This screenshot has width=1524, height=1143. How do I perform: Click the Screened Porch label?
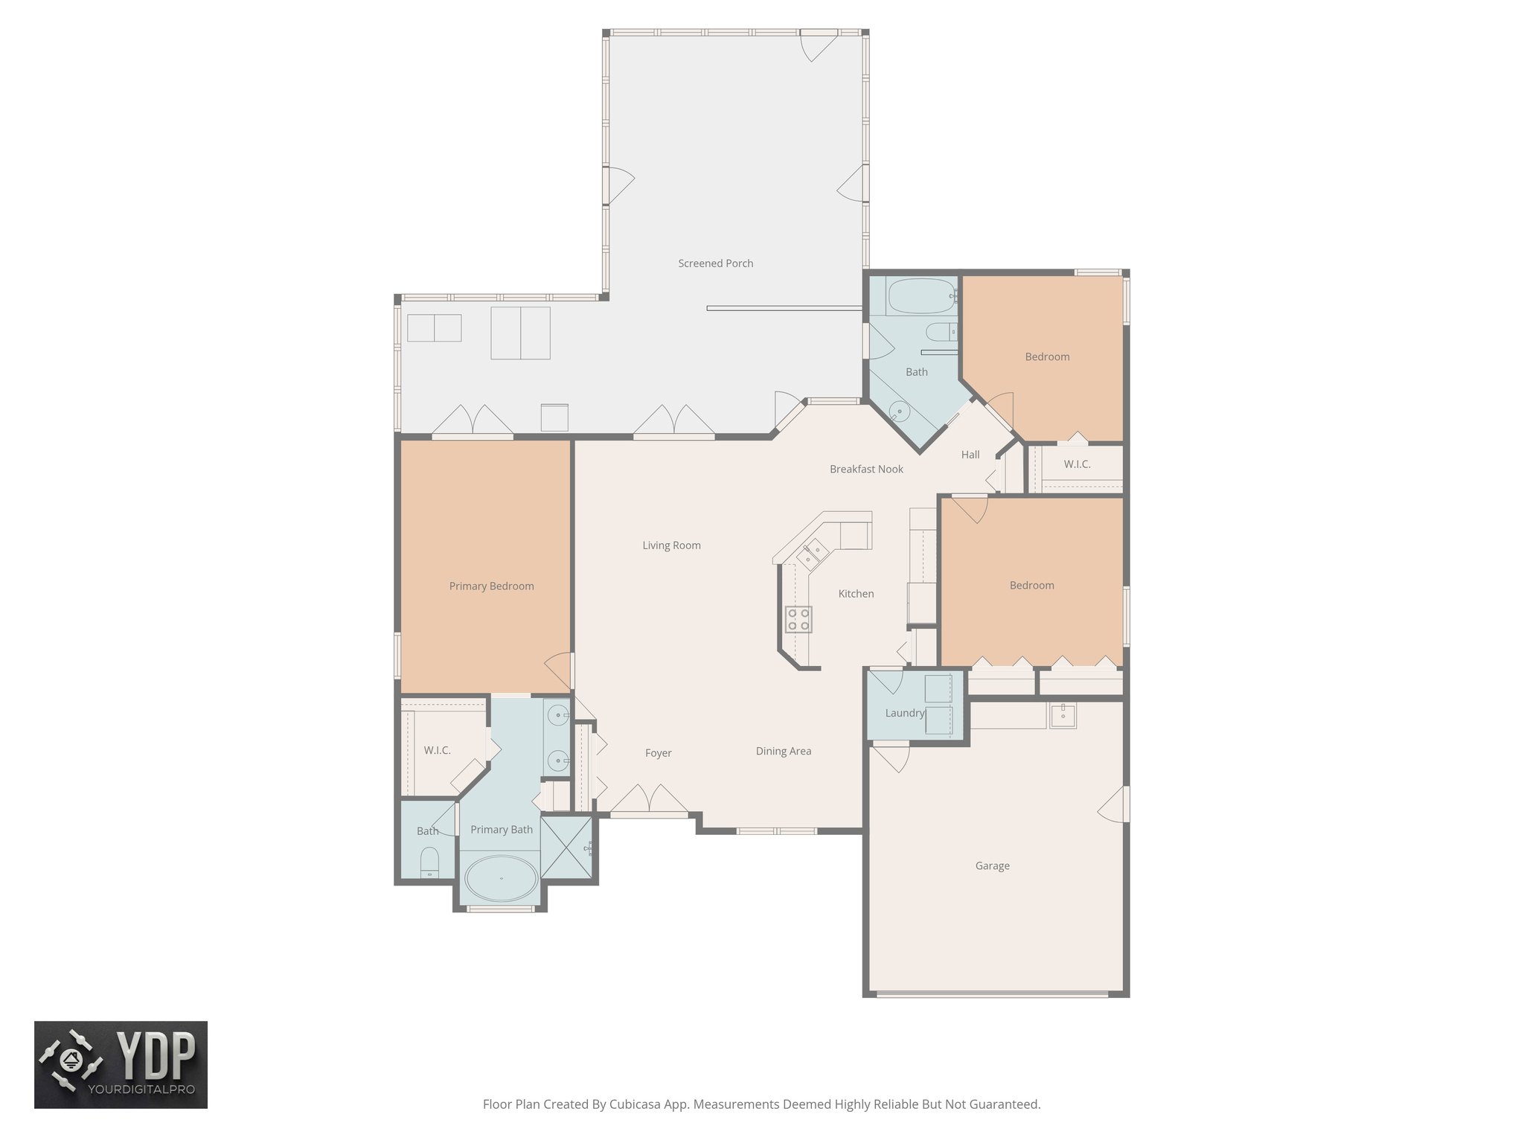(715, 263)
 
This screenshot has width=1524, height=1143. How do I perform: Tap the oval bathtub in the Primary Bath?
(501, 878)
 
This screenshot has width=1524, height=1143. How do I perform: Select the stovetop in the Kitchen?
(798, 619)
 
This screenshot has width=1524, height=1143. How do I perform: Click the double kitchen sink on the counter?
(811, 554)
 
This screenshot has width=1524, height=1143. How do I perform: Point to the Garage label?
(992, 866)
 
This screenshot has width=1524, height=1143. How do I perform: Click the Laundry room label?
(904, 713)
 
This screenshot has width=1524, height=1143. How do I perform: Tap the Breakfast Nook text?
(866, 470)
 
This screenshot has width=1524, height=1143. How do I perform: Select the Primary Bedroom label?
(491, 586)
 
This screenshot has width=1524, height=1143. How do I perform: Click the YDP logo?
(121, 1064)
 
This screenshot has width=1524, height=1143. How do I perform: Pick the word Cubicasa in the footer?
(636, 1104)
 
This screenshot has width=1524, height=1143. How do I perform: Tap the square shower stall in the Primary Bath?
(566, 848)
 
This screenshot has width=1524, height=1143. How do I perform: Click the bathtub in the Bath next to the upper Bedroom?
(921, 296)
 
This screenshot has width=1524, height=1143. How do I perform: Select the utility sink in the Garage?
(1063, 716)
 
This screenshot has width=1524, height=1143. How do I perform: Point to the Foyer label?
(658, 754)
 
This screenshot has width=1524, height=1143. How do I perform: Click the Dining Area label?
(783, 752)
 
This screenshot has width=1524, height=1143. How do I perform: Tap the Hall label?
(970, 455)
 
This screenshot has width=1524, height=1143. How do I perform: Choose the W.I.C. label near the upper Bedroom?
(1077, 464)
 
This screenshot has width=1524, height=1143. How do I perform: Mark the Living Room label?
(671, 545)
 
